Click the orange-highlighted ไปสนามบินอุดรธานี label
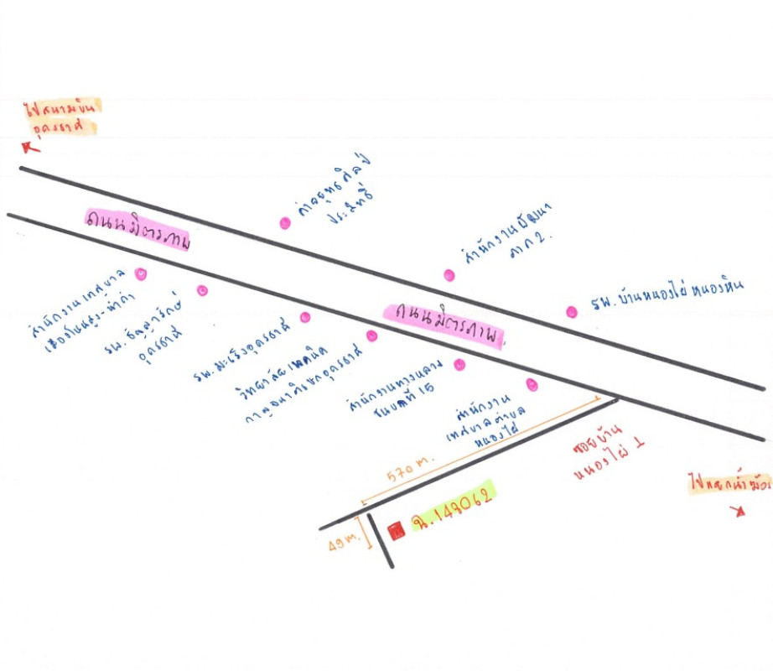[x=62, y=117]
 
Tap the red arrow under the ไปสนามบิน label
[x=31, y=147]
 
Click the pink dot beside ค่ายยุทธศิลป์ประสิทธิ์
[x=285, y=223]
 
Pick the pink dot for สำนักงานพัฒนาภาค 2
[x=449, y=275]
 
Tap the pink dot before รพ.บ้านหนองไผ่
[x=572, y=312]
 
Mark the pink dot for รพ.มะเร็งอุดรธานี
[x=305, y=317]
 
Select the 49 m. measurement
[x=345, y=543]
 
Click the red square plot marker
[x=397, y=529]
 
